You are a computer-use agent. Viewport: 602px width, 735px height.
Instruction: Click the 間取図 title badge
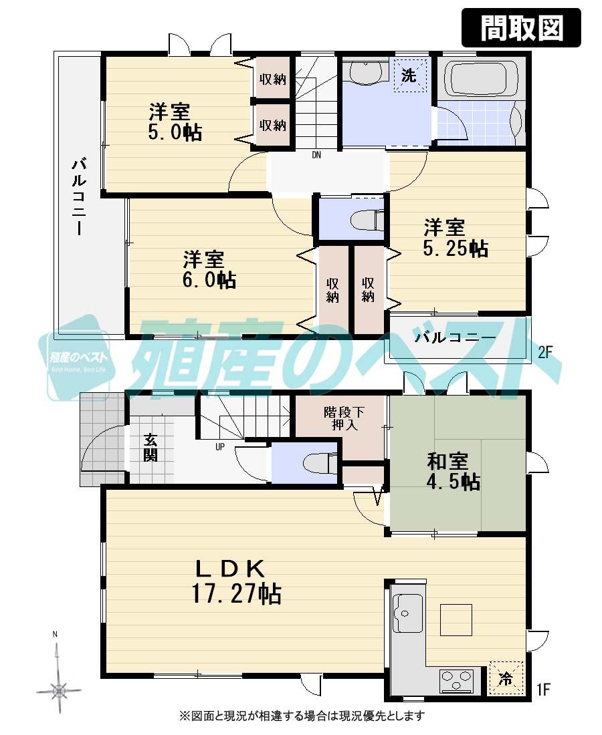coord(521,27)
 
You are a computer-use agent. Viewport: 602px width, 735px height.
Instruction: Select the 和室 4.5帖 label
coord(453,471)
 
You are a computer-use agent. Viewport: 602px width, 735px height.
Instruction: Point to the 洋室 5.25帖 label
coord(455,238)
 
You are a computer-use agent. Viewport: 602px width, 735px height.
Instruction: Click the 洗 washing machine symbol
coord(408,76)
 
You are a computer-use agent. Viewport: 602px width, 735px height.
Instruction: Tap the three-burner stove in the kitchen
coord(456,681)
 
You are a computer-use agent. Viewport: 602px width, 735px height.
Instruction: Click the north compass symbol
coord(59,686)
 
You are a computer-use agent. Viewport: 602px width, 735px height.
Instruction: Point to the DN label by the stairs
coord(316,155)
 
